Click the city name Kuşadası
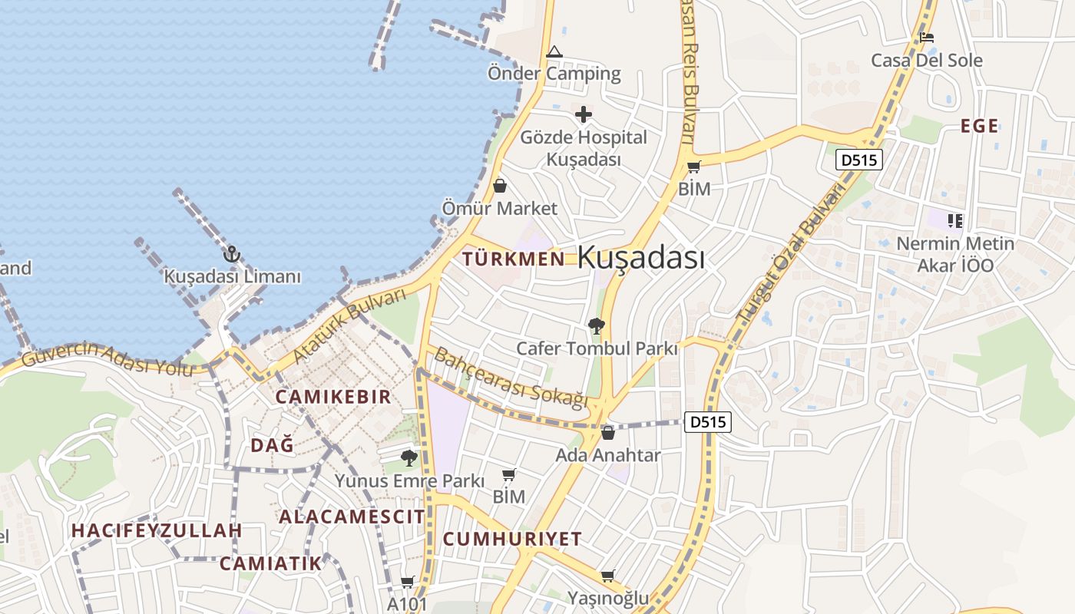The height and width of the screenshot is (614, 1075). coord(640,258)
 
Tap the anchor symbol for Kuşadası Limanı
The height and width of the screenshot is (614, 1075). coord(231,255)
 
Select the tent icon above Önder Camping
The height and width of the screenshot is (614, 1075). coord(554,52)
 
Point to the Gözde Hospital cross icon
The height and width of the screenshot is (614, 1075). coord(584,115)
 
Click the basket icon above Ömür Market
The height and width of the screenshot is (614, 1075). coord(500,186)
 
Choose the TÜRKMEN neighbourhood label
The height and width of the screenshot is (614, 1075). coord(514,259)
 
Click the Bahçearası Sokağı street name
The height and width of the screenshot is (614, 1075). coord(511,377)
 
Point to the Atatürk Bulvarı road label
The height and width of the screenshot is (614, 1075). coord(349,325)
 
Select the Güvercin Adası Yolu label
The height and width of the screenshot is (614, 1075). coord(107,358)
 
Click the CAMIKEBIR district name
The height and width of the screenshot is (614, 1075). coord(333,397)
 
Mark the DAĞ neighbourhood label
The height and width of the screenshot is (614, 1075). coord(273,445)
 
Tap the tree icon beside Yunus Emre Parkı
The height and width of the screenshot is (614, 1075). coord(409,459)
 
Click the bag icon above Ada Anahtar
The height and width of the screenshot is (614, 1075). coord(608,433)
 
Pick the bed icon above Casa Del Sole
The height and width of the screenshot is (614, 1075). coord(927,38)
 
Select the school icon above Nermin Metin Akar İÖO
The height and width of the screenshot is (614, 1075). coord(955,221)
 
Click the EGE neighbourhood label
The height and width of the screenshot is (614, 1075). coord(980,127)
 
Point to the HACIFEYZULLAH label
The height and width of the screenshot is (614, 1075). coord(157,530)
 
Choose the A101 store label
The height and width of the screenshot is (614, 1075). coord(407,604)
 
